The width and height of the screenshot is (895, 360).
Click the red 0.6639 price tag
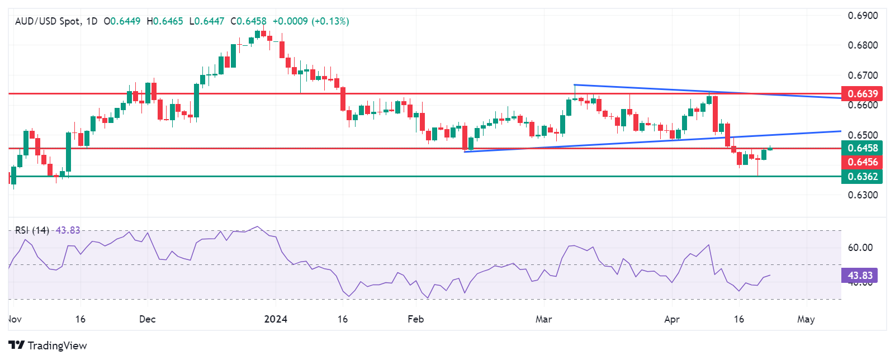tap(863, 93)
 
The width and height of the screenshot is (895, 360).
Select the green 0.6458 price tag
tap(863, 148)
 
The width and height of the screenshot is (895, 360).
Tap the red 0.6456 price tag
tap(863, 162)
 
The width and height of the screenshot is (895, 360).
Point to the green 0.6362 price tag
tap(863, 177)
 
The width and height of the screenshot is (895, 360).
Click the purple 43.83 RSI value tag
tap(860, 276)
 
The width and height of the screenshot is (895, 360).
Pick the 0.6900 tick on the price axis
tap(863, 16)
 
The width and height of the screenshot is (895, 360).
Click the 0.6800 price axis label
tap(863, 45)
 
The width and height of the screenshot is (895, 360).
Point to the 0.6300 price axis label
tap(863, 195)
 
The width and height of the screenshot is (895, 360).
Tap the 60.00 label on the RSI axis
tap(860, 248)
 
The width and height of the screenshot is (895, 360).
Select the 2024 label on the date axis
tap(276, 319)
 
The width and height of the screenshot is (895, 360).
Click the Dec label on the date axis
tap(147, 319)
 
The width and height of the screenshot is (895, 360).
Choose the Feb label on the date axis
tap(415, 319)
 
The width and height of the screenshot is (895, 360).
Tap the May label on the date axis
tap(806, 319)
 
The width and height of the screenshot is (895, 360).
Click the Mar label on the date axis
tap(543, 319)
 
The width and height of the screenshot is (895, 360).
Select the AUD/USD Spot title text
tap(48, 21)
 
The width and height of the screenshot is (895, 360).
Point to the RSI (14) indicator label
tap(32, 230)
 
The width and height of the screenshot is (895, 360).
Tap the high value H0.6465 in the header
tap(165, 21)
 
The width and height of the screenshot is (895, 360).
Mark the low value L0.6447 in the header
tap(207, 21)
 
